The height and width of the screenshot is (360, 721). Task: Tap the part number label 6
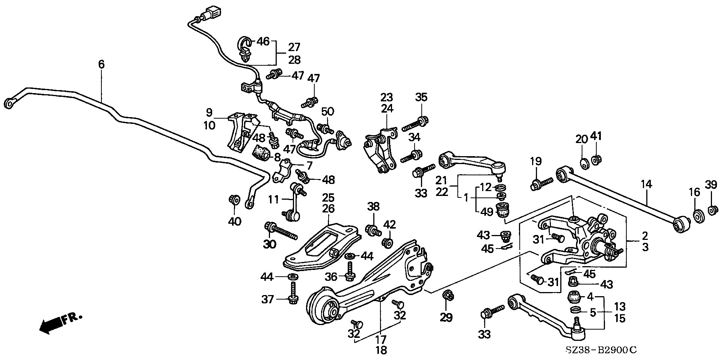pos(101,64)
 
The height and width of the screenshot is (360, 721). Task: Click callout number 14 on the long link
pos(646,184)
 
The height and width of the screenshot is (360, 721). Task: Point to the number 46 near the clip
pos(262,41)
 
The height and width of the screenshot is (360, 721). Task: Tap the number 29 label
pos(446,318)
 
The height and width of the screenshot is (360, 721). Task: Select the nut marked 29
pos(448,295)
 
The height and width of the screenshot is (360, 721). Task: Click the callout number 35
pos(421,97)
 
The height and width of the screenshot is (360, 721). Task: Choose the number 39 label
pos(710,185)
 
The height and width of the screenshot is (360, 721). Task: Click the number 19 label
pos(536,161)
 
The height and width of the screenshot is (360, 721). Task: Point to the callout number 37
pos(268,299)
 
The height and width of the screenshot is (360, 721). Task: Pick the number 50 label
pos(327,111)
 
